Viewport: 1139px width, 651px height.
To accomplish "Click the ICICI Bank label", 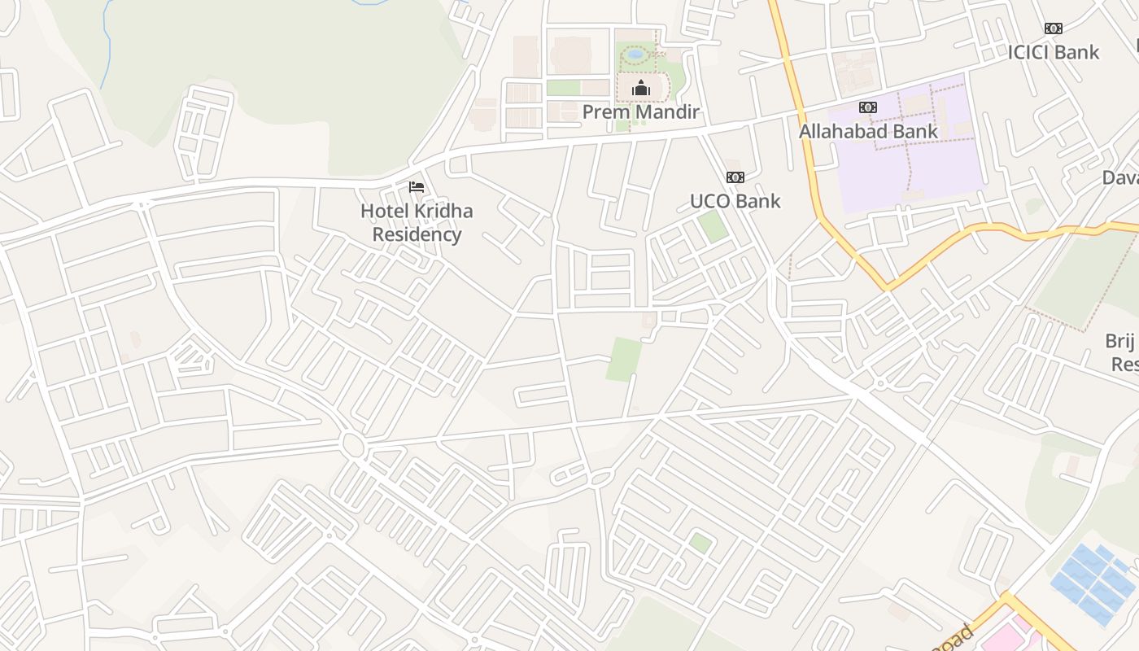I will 1054,52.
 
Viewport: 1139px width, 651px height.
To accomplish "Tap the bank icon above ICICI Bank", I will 1054,28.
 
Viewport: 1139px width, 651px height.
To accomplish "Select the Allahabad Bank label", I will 868,131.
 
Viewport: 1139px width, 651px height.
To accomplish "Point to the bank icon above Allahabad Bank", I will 868,107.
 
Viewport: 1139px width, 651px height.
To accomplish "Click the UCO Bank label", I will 735,201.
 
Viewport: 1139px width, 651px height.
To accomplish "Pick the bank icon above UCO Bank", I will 735,177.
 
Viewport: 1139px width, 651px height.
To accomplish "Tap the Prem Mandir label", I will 641,111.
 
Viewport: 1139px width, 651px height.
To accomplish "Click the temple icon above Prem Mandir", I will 641,88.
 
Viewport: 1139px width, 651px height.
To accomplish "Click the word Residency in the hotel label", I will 417,234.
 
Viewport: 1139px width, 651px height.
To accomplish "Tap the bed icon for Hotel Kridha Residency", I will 417,187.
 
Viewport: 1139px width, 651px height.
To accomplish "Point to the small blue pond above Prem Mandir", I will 635,55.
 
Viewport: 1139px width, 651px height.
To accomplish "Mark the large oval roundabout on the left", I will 352,444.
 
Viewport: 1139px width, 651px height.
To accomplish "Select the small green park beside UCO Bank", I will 714,225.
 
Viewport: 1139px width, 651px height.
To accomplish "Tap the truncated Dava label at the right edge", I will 1121,177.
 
